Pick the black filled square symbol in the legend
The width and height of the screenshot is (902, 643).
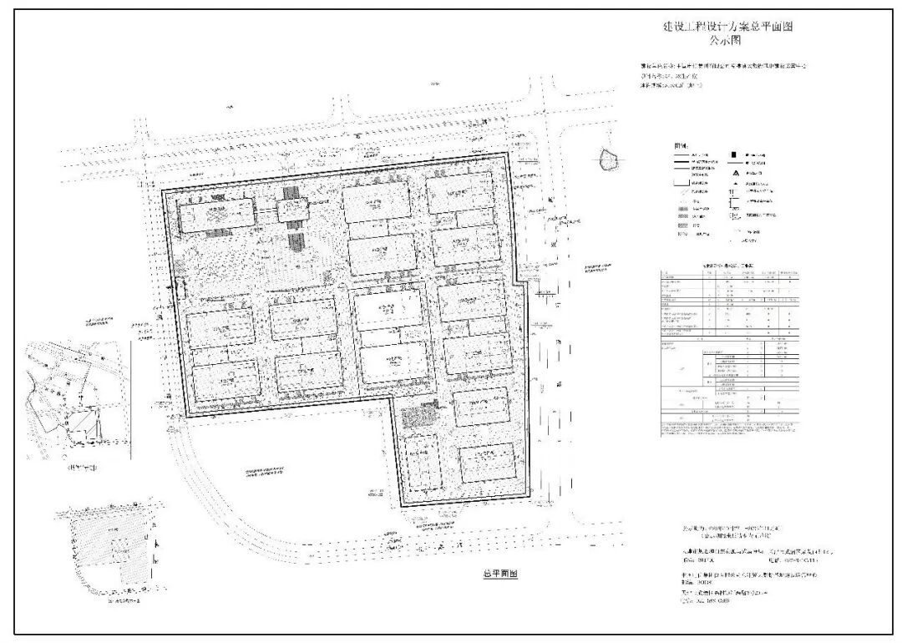tap(732, 155)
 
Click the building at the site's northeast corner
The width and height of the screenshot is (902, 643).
tap(461, 195)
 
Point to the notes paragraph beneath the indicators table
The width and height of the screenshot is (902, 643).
tap(727, 429)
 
